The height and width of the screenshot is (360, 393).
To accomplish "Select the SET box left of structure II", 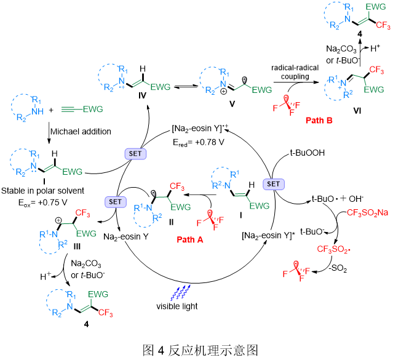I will pyautogui.click(x=116, y=201).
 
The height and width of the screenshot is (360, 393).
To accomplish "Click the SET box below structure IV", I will pyautogui.click(x=133, y=152).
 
